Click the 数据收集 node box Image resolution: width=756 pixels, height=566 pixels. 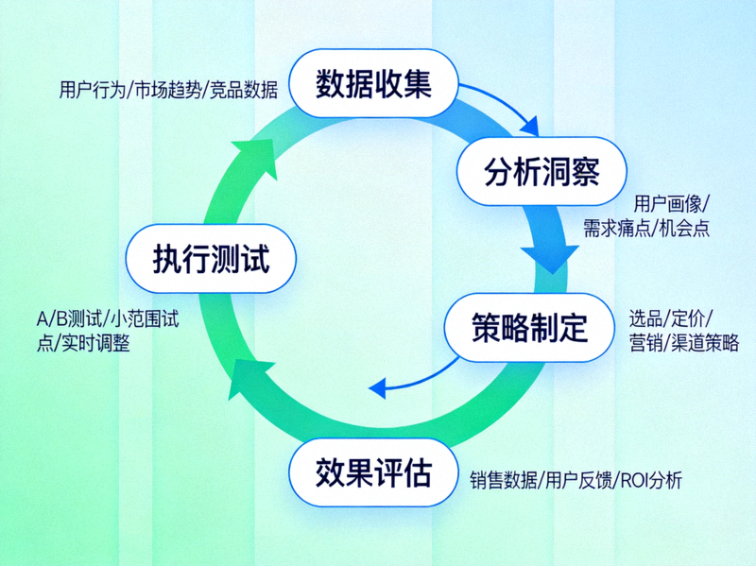coord(374,85)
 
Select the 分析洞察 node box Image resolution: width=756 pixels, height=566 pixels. coord(528,172)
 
